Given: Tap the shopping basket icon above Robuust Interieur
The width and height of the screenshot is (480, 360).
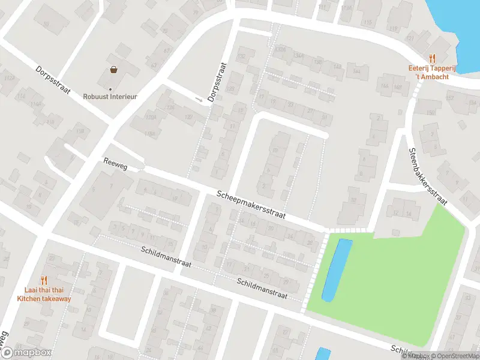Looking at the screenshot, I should coord(113,70).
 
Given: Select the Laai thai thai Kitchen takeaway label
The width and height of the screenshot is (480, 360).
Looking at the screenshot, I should coord(44,294).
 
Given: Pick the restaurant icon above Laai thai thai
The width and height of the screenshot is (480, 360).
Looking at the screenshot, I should coord(44,280).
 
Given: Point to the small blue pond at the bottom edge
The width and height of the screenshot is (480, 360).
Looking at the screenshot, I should coord(323,353).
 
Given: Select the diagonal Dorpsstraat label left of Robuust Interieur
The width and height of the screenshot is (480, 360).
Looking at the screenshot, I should coord(53,80).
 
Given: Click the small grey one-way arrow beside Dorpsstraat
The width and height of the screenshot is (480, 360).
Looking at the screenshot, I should coord(199,99).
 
